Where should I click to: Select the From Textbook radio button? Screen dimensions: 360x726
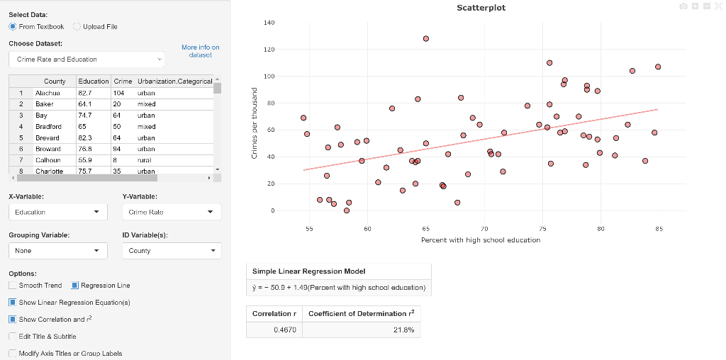click(13, 27)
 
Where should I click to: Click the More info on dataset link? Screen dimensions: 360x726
click(200, 51)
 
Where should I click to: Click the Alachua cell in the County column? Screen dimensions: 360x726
click(48, 93)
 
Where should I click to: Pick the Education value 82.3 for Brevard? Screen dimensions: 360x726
click(85, 138)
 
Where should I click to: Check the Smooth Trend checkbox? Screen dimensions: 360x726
click(13, 286)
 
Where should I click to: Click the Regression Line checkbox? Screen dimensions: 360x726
click(75, 286)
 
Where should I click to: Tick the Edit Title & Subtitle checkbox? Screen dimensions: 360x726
click(13, 337)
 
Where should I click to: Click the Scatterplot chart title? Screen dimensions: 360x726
click(481, 8)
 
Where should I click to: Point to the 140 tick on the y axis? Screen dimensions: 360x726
click(269, 23)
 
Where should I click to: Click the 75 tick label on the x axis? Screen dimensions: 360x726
click(542, 230)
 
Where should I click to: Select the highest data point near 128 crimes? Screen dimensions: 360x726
click(425, 38)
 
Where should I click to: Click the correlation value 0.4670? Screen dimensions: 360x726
click(284, 330)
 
